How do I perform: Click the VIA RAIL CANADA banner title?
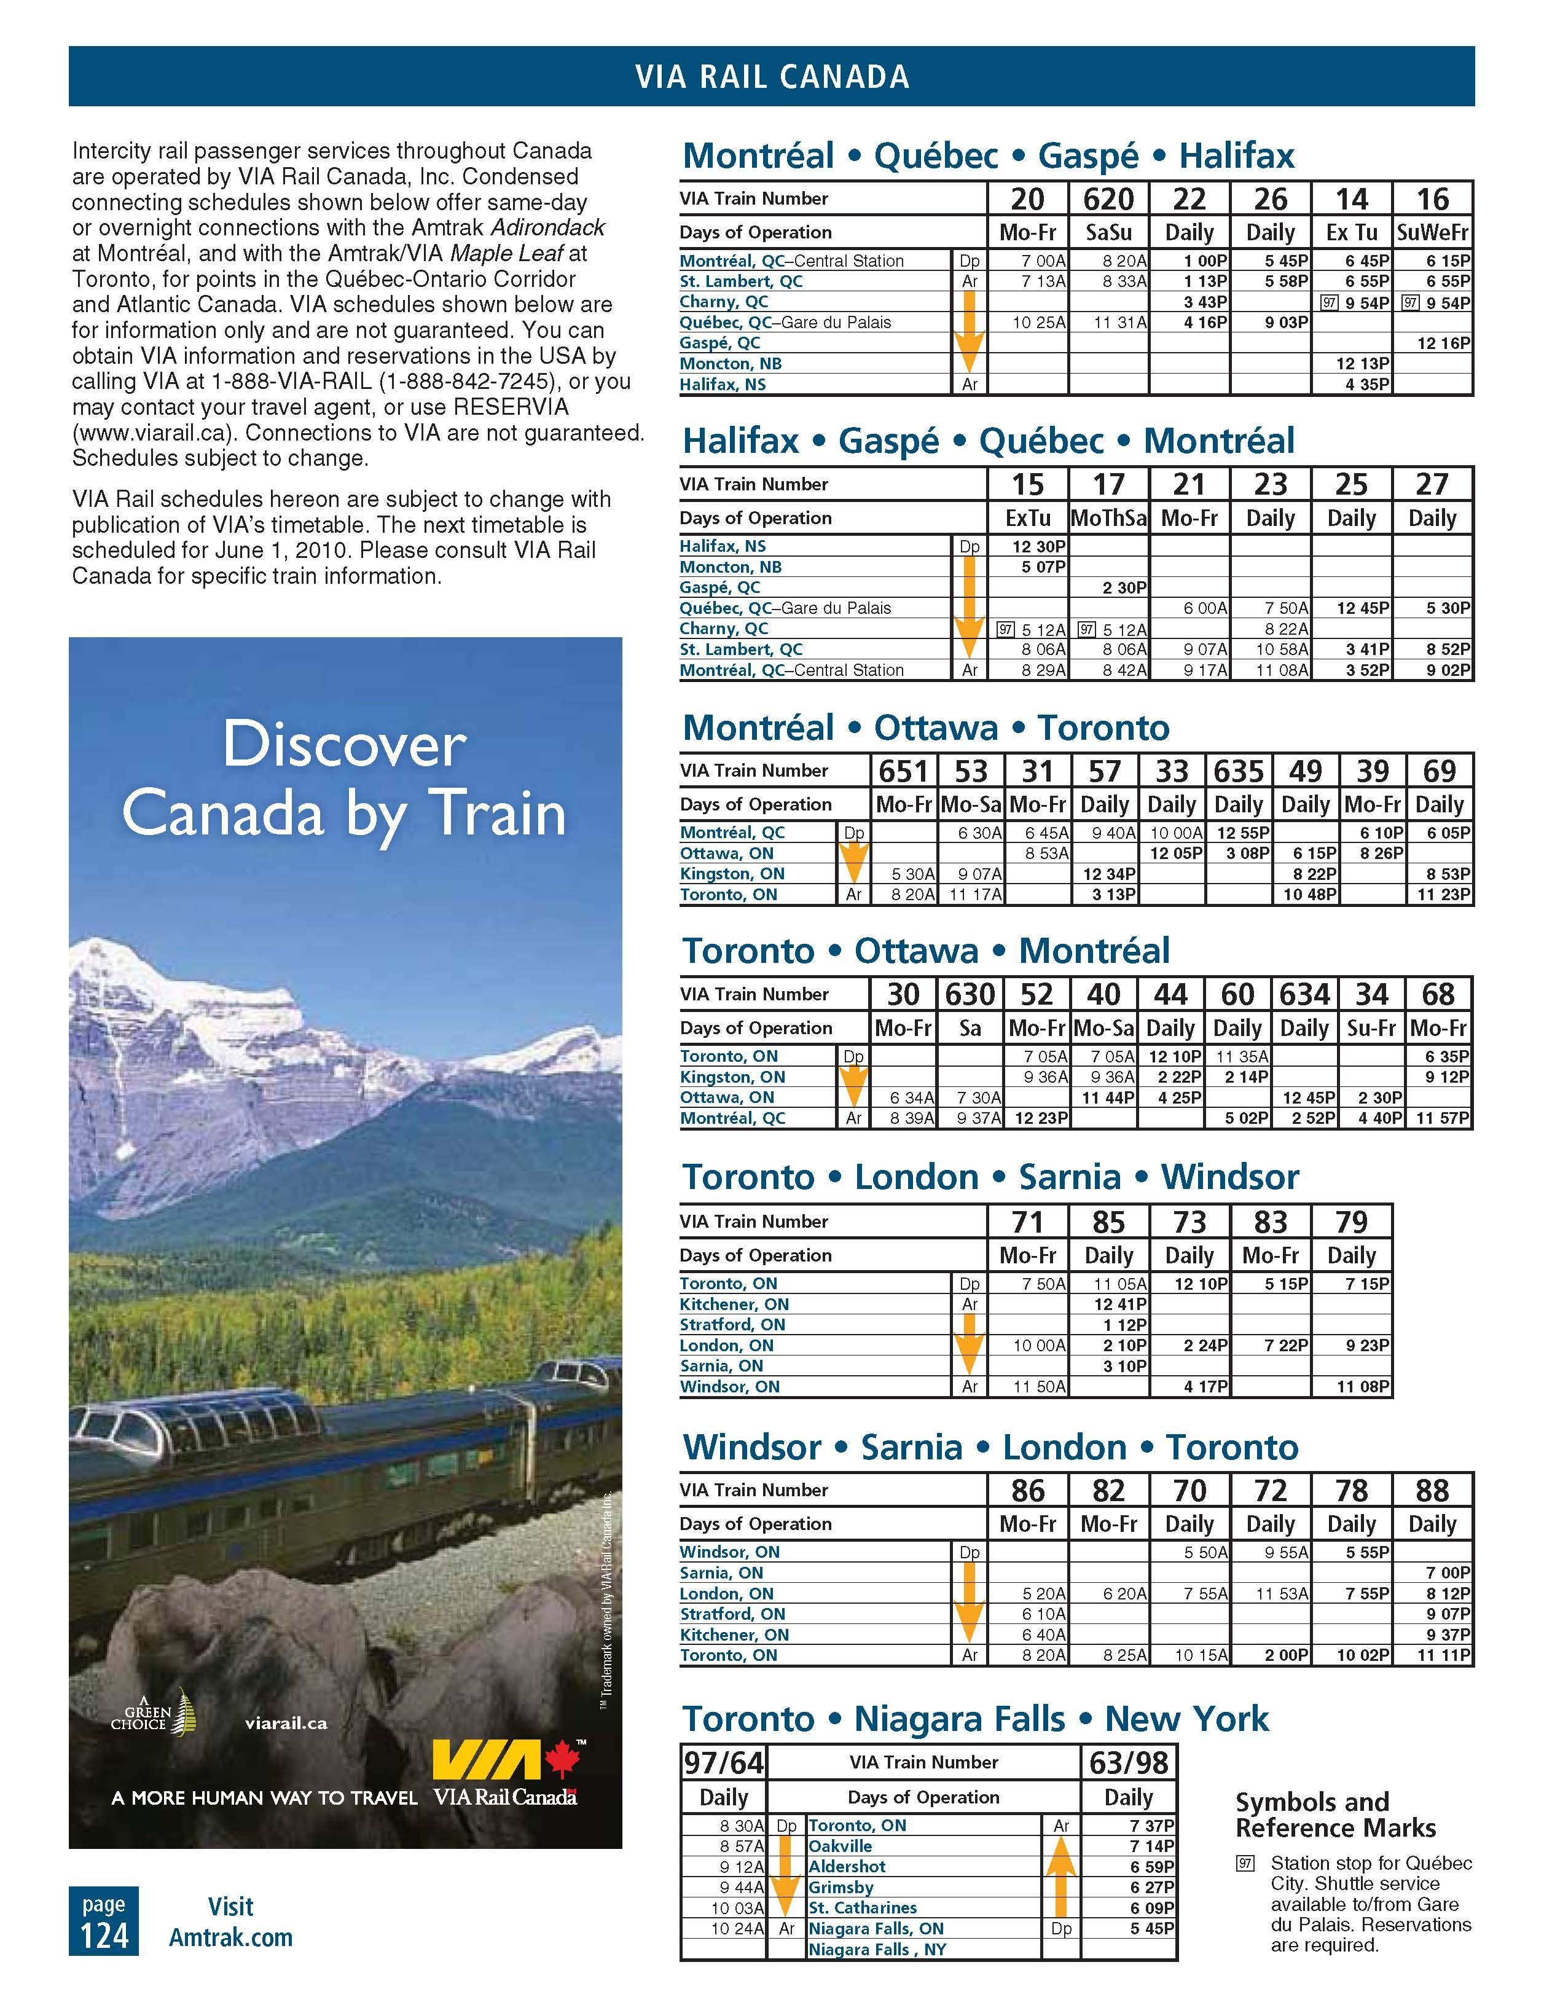(771, 76)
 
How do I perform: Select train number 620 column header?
(1108, 199)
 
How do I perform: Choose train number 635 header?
(1238, 771)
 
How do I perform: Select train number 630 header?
(970, 994)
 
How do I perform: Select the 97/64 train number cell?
(723, 1763)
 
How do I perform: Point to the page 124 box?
(104, 1921)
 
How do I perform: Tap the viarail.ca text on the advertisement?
(286, 1723)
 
